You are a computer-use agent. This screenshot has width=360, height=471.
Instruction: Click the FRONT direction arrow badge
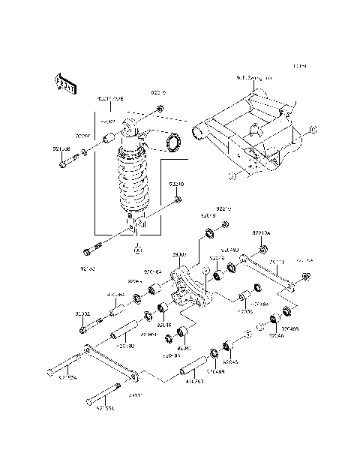click(66, 85)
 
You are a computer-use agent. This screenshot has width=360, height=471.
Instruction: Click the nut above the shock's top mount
click(160, 112)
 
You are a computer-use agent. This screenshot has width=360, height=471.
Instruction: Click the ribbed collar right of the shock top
click(177, 140)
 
